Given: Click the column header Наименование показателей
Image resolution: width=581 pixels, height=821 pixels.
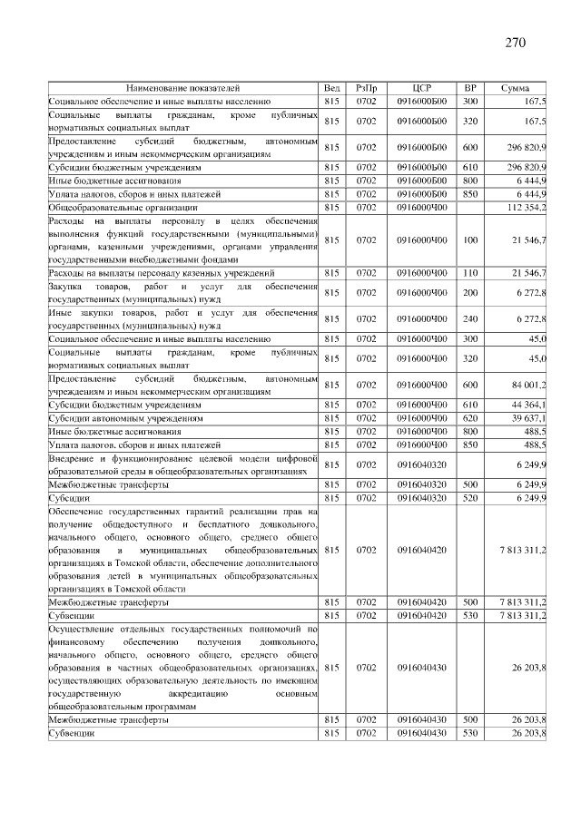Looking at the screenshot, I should coord(182,88).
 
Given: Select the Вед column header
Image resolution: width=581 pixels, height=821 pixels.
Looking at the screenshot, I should coord(331,88).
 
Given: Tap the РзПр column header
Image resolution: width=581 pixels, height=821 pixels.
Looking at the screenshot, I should coord(366,88).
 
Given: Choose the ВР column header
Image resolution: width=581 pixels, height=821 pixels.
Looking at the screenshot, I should coord(469,88).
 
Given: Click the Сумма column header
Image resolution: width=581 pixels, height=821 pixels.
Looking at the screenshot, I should coord(516,88).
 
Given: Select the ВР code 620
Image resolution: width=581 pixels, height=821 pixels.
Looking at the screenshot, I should coord(469,418).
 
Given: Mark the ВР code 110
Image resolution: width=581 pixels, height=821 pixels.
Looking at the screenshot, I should coord(469,272).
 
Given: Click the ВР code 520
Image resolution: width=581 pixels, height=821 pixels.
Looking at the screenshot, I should coord(469,498).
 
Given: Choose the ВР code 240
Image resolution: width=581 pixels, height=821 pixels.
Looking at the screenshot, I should coord(469,318).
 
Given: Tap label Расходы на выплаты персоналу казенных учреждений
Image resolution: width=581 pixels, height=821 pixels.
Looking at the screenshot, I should coord(161,272).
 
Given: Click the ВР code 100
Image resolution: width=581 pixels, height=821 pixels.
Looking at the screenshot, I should coord(469,239).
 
